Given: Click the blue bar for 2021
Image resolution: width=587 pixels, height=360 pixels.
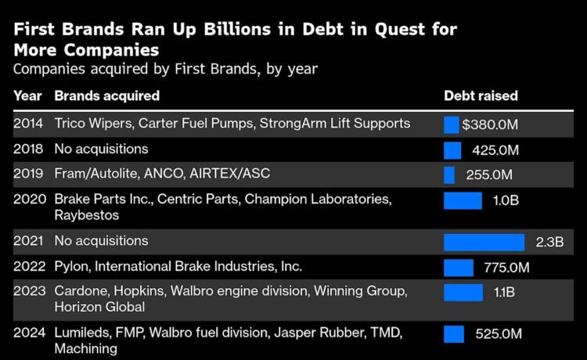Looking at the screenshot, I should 484,242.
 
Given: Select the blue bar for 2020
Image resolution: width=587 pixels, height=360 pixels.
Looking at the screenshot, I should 463,200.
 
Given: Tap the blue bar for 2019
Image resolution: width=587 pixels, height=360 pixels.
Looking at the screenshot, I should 449,175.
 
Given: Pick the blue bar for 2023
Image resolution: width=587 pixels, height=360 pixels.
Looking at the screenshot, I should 463,293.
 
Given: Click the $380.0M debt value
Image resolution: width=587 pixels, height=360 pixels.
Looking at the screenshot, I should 491,124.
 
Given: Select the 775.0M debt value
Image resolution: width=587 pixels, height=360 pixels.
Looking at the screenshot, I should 506,268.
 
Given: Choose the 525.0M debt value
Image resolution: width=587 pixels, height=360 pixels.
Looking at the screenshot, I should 499,334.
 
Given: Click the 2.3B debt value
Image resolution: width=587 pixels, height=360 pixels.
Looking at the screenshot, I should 549,242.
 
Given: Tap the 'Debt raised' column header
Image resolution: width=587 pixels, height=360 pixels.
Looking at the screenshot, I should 481,96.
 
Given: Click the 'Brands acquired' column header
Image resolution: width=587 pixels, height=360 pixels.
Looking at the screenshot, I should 106,96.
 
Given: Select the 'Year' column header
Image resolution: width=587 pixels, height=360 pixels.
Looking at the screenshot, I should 27,96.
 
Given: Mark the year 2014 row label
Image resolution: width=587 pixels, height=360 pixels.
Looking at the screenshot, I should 28,124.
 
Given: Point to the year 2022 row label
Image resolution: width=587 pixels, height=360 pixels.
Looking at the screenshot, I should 28,267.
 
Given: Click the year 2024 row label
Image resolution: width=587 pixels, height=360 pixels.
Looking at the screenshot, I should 28,333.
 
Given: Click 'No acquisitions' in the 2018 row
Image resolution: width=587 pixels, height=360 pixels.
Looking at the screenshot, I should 101,149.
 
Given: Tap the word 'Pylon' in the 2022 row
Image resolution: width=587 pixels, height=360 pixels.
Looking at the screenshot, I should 71,267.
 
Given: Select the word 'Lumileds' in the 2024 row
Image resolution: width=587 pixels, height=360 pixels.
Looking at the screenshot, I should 81,333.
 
